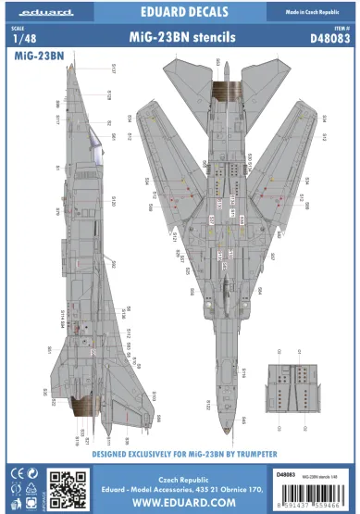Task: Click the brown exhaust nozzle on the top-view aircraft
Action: coord(224,90)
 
